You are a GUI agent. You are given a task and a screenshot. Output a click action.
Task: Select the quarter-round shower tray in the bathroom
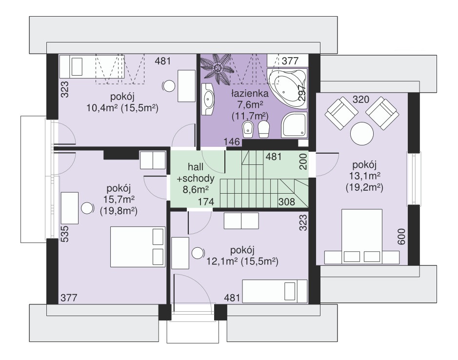294,125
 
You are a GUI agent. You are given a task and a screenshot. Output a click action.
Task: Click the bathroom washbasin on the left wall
208,99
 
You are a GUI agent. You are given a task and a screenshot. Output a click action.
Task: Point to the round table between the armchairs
362,134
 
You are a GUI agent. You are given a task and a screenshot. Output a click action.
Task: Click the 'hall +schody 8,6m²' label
196,178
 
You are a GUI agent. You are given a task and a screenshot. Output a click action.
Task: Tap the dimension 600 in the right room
401,237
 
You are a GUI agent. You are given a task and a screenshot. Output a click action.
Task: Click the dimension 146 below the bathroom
232,142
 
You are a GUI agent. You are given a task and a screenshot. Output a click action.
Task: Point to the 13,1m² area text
364,176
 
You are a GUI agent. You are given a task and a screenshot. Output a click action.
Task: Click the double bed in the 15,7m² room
137,247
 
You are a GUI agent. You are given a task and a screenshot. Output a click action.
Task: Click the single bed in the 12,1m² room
275,291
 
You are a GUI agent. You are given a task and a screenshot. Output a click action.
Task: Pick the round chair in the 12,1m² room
198,253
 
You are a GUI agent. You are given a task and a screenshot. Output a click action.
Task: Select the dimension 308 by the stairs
286,201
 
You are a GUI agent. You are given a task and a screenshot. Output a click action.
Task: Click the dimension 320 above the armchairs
361,100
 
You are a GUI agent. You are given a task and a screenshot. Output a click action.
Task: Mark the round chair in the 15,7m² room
88,208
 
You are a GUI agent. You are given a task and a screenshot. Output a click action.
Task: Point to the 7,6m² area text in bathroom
250,104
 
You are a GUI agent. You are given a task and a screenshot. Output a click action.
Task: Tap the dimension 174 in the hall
206,201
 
